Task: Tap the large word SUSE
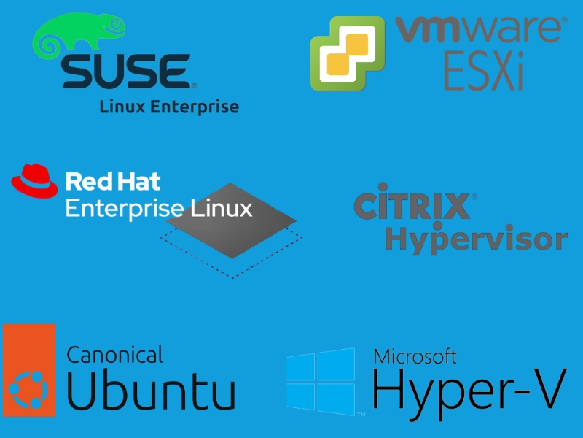tap(126, 71)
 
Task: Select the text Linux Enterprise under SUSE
tap(169, 107)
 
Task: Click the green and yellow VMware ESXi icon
tap(348, 53)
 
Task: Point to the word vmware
tap(479, 29)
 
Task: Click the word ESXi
tap(483, 71)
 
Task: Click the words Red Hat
tap(113, 181)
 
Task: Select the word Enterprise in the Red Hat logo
tap(125, 208)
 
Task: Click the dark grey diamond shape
tap(231, 220)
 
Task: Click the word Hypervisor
tap(477, 239)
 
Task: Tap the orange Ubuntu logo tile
tap(29, 370)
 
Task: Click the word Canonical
tap(114, 354)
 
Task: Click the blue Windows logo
tap(321, 381)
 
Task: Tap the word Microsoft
tap(415, 356)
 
